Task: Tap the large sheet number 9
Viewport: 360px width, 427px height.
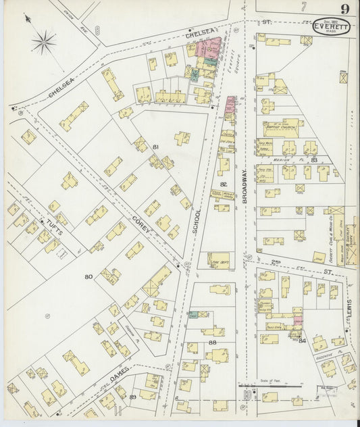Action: click(344, 9)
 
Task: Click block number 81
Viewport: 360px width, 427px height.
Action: click(155, 147)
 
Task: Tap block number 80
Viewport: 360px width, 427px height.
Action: click(88, 277)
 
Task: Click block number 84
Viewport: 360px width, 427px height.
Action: click(303, 341)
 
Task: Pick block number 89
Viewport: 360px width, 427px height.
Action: click(134, 396)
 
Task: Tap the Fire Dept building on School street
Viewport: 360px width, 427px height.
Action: click(218, 259)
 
